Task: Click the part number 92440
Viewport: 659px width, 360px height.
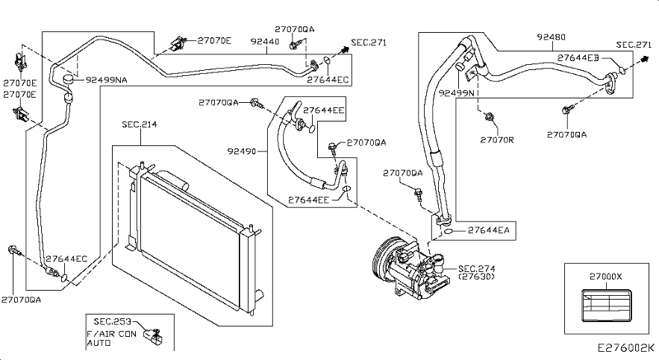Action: coord(264,41)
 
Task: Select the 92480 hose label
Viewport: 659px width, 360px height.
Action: coord(551,37)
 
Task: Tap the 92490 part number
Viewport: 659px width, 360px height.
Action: coord(241,151)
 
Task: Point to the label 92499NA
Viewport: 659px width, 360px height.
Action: coord(106,80)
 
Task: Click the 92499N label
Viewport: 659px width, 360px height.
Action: coord(456,93)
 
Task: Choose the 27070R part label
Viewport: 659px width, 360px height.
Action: coord(497,139)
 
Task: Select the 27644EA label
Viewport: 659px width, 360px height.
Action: coord(488,230)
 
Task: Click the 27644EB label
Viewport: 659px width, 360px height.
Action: coord(578,58)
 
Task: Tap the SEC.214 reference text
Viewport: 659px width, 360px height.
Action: coord(139,124)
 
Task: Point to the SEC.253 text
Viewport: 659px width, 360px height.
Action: coord(112,322)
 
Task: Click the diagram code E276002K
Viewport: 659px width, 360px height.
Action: coord(626,348)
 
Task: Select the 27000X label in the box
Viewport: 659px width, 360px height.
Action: coord(605,277)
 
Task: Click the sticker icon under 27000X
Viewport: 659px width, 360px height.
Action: coord(607,306)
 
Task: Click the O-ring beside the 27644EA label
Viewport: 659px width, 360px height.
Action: coord(448,231)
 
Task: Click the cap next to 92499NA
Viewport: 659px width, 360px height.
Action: coord(68,79)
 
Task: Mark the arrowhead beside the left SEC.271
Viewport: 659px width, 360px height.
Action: coord(345,49)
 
